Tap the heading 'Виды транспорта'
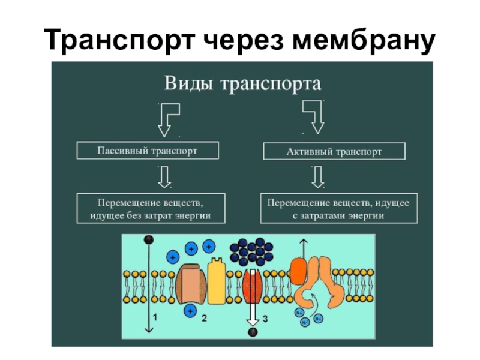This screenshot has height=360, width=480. point(241,82)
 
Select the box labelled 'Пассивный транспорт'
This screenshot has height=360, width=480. point(148,151)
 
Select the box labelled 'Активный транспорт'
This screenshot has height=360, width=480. point(334,151)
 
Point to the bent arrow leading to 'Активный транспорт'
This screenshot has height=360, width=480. point(314,116)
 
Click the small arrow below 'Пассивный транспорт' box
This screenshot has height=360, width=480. point(163,176)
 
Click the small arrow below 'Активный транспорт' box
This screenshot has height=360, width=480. point(318,176)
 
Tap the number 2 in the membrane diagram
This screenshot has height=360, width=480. point(204,319)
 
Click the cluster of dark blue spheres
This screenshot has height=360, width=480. point(251,251)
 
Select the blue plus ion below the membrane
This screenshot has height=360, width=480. point(191,310)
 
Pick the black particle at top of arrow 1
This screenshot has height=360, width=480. point(147,239)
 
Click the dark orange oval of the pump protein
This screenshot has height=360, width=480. point(298,271)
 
